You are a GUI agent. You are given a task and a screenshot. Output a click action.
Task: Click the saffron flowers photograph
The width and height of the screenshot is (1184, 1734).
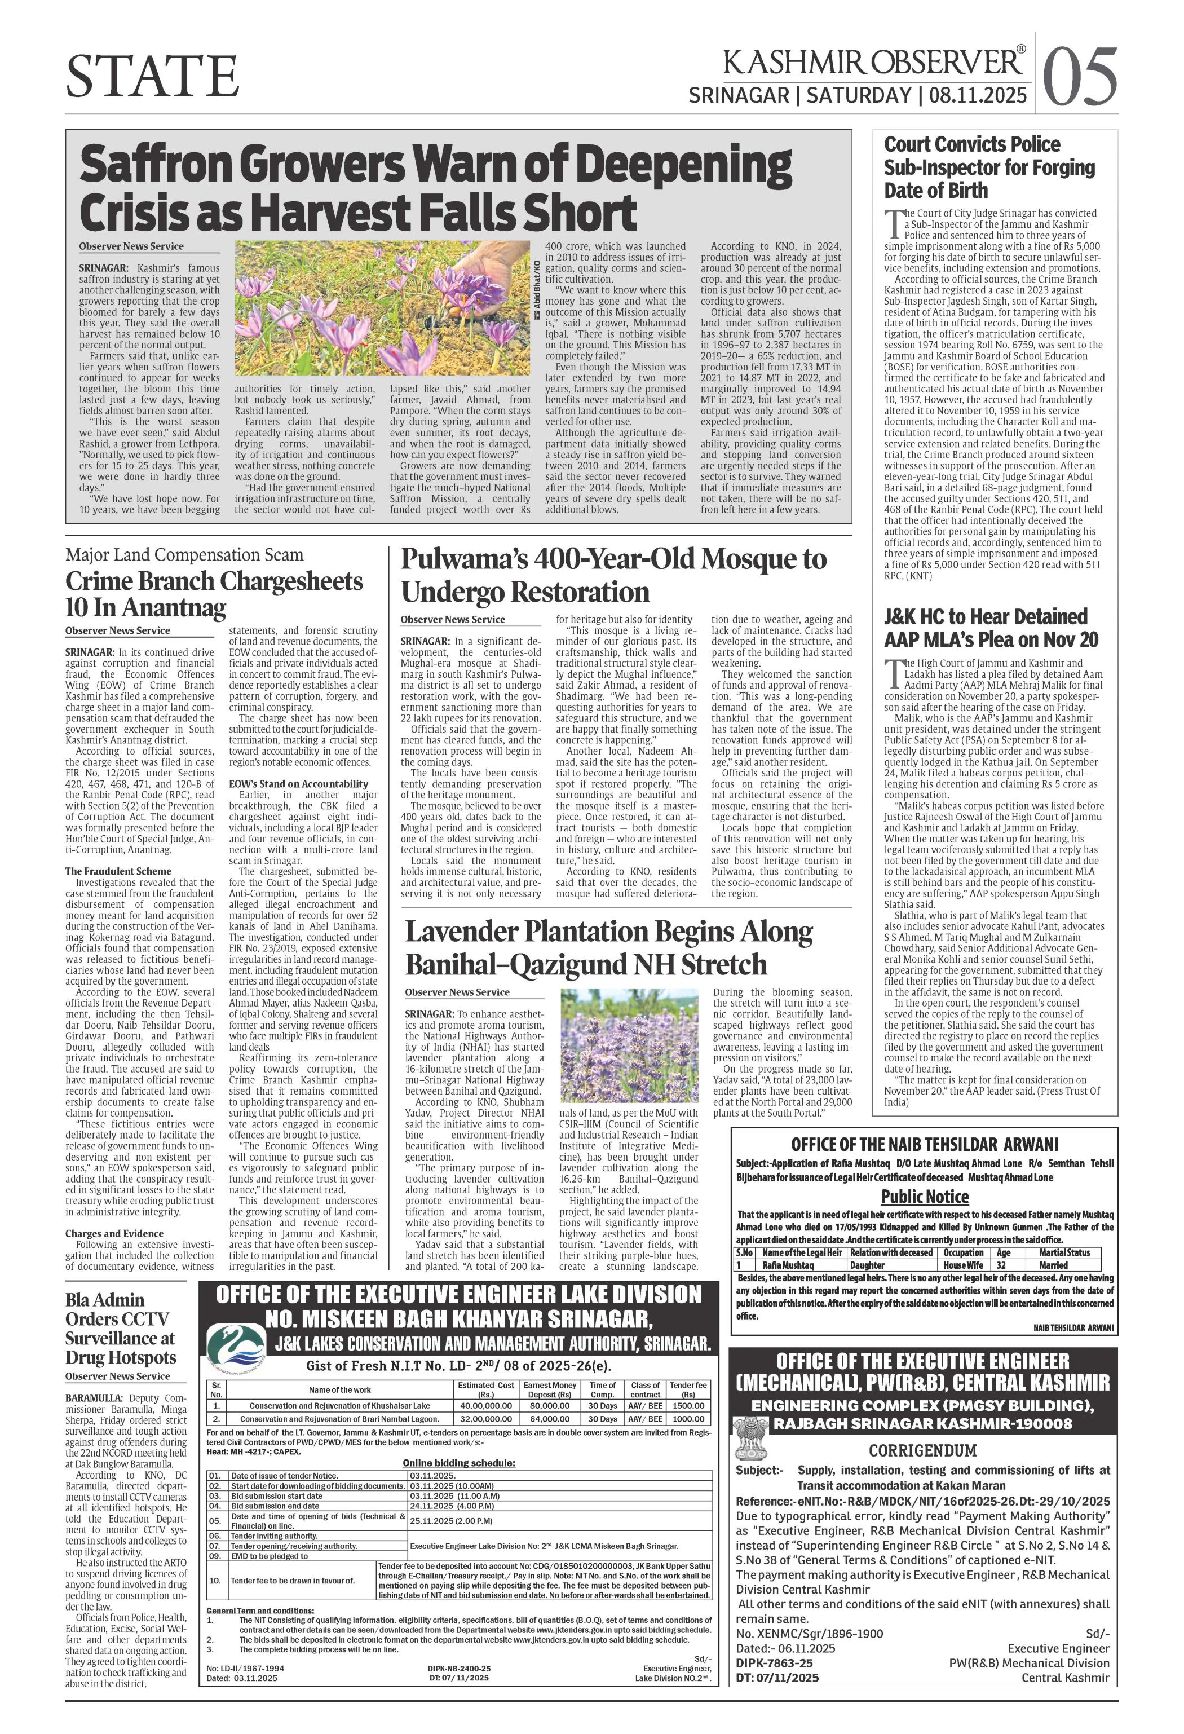point(382,307)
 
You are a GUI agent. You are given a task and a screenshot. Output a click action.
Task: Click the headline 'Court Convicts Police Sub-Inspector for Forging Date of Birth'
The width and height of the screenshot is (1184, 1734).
point(989,166)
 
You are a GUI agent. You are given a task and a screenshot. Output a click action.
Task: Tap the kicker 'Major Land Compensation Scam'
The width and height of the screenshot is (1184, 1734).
point(184,554)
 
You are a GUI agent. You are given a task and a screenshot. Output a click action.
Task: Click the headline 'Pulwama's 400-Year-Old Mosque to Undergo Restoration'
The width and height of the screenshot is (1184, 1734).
point(613,575)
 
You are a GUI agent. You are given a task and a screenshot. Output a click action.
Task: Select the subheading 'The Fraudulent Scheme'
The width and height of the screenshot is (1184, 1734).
point(118,871)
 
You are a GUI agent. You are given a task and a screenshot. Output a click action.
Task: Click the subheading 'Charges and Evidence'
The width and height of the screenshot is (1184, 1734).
point(113,1233)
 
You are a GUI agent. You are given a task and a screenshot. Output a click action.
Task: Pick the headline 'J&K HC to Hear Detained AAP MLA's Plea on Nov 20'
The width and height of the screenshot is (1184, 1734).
point(986,628)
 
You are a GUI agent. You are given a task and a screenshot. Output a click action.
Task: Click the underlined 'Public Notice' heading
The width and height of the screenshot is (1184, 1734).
point(925,1197)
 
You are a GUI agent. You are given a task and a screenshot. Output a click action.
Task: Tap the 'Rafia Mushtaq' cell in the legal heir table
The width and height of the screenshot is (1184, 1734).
point(791,1265)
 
